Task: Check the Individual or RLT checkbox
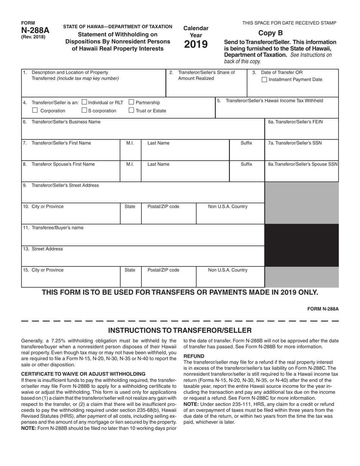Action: click(x=85, y=102)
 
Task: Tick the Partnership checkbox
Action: click(x=131, y=102)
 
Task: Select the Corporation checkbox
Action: click(x=35, y=111)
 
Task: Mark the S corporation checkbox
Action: click(x=85, y=111)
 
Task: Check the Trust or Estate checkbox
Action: click(x=131, y=111)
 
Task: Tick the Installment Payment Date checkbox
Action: click(x=265, y=80)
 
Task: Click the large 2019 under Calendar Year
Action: click(x=196, y=45)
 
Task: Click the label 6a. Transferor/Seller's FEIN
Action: click(x=295, y=122)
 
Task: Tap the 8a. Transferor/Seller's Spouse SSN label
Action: click(x=303, y=164)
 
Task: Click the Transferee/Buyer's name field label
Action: click(x=57, y=228)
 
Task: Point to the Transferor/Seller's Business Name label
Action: click(x=66, y=122)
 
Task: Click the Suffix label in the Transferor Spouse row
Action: click(x=246, y=164)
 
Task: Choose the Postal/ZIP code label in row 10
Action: click(x=163, y=206)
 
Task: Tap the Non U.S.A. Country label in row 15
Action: click(x=228, y=270)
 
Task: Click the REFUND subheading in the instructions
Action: click(x=194, y=356)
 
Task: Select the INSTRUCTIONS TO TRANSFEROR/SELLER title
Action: click(x=180, y=330)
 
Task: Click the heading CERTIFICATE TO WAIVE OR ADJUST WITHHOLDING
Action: click(x=83, y=374)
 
